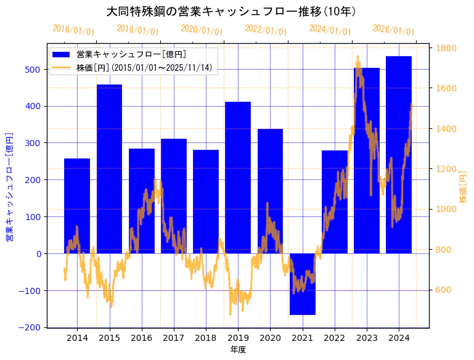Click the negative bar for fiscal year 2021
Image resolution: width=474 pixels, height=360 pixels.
302,284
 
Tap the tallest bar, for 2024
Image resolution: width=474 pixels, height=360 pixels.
399,154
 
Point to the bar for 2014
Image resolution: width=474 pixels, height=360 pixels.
77,206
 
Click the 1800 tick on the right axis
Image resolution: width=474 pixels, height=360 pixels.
446,48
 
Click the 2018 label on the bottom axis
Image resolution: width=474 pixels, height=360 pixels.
206,338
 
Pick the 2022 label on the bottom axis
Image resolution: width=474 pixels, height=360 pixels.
334,338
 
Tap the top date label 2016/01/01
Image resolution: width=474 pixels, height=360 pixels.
74,30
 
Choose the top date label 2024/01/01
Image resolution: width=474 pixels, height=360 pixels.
330,30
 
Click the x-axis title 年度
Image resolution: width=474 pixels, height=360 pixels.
238,350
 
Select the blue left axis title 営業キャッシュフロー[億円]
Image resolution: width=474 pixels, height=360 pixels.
9,186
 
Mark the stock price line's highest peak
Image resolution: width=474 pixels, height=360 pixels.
358,57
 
